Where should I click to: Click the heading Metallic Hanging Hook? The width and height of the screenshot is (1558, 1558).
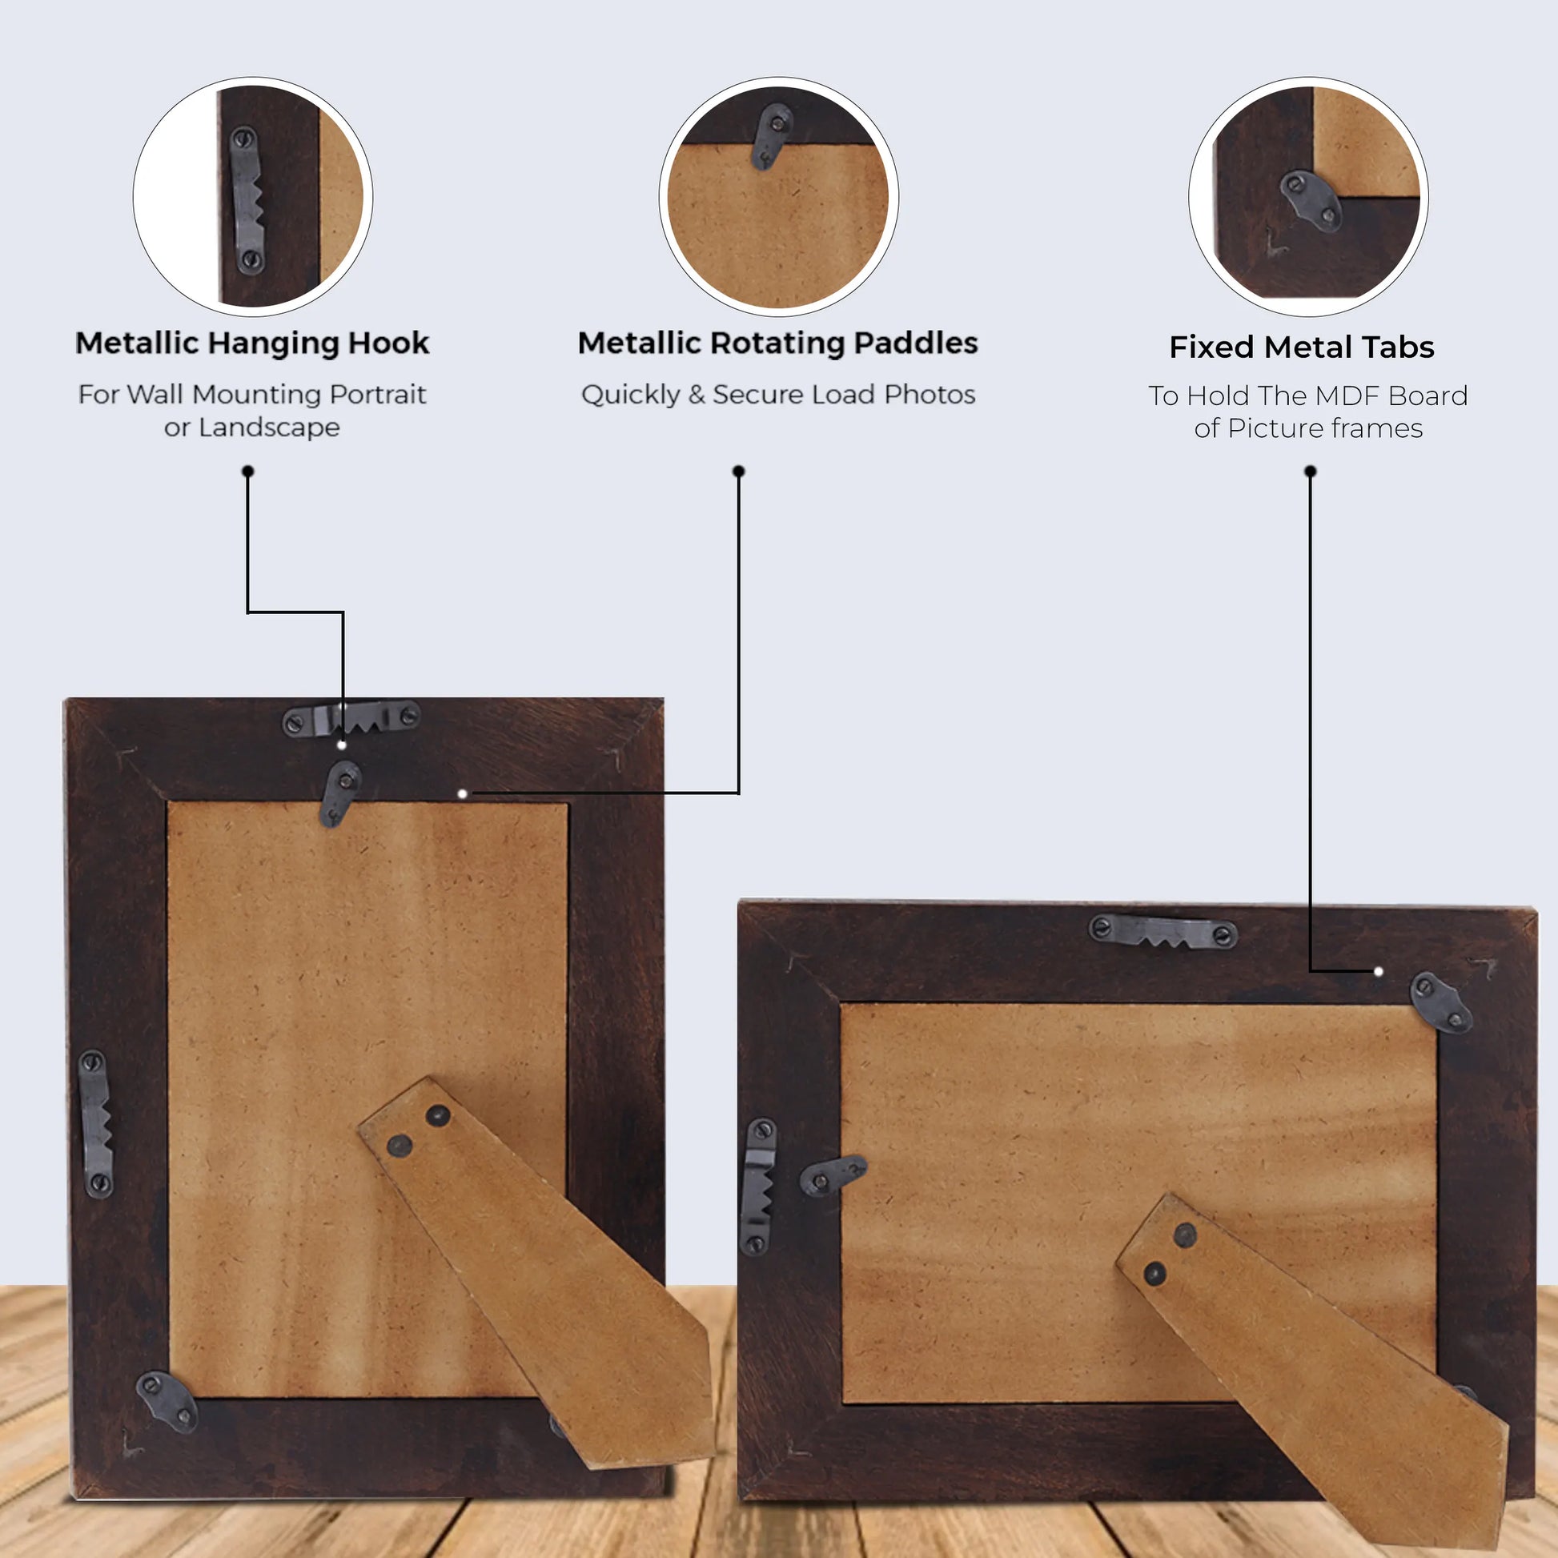(x=251, y=343)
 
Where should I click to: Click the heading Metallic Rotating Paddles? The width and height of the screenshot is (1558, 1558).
(x=777, y=343)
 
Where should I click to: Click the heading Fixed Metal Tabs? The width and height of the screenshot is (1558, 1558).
(x=1302, y=347)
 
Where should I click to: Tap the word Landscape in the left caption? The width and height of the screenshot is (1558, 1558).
(x=269, y=428)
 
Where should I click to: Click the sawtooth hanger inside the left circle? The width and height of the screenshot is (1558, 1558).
(x=247, y=200)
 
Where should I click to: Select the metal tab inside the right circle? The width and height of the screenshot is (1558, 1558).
(x=1311, y=200)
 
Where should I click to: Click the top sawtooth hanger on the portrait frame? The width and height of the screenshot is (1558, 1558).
(x=351, y=717)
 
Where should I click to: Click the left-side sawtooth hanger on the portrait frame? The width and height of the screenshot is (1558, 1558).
(x=96, y=1123)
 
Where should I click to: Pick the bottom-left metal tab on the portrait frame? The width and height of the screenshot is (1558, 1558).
(x=167, y=1402)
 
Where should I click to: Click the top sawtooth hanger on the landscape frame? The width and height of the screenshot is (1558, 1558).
(x=1162, y=931)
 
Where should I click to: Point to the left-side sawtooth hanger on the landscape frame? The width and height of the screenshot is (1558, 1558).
(x=757, y=1186)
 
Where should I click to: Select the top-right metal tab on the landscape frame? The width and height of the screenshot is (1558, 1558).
(x=1440, y=1002)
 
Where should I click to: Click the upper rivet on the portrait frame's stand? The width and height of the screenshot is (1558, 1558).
(x=438, y=1115)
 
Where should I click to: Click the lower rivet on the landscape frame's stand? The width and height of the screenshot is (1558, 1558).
(x=1154, y=1273)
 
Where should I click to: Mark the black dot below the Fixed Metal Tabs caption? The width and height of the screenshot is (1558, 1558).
(x=1310, y=471)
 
